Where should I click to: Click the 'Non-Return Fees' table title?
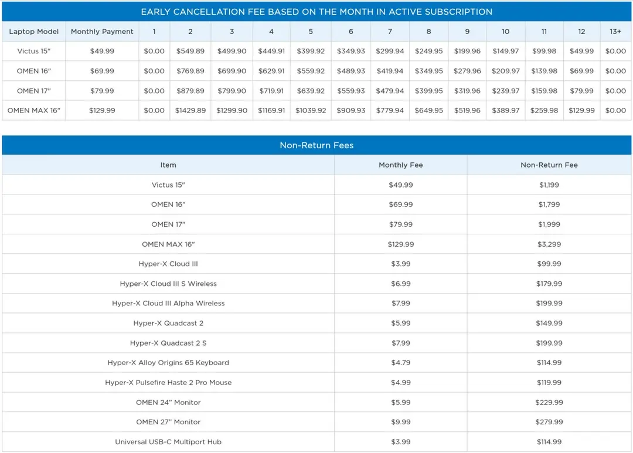316,145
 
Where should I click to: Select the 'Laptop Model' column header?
34,32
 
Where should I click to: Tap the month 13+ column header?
615,32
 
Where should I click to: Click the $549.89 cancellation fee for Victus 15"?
190,51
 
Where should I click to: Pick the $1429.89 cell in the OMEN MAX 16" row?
190,111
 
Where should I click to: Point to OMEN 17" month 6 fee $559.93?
351,91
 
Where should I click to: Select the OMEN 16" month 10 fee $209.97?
505,71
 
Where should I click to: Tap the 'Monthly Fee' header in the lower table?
400,165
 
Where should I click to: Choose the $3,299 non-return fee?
549,244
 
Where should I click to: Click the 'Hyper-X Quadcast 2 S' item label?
168,343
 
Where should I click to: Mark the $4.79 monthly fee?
400,363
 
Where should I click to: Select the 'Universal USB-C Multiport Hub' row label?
168,442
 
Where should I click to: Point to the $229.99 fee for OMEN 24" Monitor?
549,403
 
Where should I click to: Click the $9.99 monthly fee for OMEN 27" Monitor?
400,422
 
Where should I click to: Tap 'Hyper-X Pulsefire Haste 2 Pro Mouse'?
168,383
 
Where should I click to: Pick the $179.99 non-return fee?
549,284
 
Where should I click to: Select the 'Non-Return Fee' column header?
549,165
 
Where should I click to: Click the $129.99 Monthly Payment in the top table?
102,111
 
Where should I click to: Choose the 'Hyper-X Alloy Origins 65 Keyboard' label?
168,363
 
